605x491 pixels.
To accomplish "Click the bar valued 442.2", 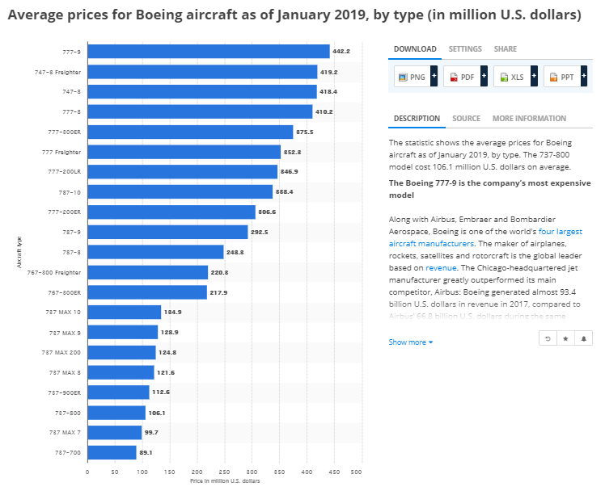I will pos(208,52).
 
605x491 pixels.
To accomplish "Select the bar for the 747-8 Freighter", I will pos(202,72).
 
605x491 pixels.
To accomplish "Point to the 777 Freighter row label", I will pos(61,152).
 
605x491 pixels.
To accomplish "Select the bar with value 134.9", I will pos(124,312).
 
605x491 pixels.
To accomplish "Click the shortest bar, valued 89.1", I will pos(112,452).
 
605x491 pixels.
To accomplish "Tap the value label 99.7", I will pos(151,432).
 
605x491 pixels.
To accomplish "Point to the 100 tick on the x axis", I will pos(142,472).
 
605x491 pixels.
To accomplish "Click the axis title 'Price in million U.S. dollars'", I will pos(224,481).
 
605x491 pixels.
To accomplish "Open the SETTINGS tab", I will pos(465,49).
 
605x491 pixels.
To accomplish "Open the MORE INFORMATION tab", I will pos(529,119).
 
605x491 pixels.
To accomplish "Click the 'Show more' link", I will pos(410,342).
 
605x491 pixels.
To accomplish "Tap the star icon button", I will pos(565,338).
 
